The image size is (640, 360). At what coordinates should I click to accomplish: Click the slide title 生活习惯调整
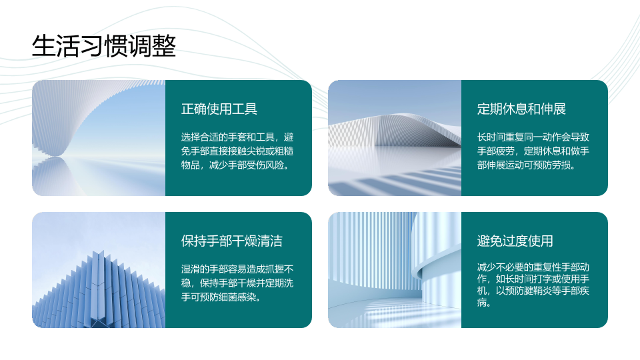coord(104,46)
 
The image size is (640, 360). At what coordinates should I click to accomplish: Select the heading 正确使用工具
coord(219,109)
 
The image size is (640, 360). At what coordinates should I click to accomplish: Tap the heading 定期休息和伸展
coord(521,109)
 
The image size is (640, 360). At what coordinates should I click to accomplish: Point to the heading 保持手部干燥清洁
coord(232,241)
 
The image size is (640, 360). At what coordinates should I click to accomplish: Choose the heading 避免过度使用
coord(515,241)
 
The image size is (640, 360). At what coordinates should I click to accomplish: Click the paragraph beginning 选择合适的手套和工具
coord(237,151)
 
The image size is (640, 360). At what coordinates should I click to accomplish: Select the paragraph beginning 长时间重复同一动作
coord(533,151)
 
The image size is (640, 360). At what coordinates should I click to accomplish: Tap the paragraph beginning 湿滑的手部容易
coord(237,283)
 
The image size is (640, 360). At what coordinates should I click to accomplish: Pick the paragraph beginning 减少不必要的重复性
coord(533,285)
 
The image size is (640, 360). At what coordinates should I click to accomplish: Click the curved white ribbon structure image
coord(99,138)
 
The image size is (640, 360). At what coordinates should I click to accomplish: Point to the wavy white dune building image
coord(395,138)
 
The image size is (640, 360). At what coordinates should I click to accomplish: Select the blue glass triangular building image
coord(99,270)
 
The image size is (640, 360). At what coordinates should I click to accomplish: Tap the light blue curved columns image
coord(395,270)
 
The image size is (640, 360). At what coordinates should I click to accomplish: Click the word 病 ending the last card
coord(481,303)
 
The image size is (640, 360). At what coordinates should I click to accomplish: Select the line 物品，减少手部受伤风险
coord(235,165)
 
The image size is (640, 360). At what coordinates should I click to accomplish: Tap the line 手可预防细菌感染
coord(221,297)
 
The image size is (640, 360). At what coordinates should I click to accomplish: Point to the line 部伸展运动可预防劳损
coord(527,165)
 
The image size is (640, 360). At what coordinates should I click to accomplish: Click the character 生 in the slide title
coord(43,46)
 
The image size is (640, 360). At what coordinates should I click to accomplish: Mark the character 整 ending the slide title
coord(164,46)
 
